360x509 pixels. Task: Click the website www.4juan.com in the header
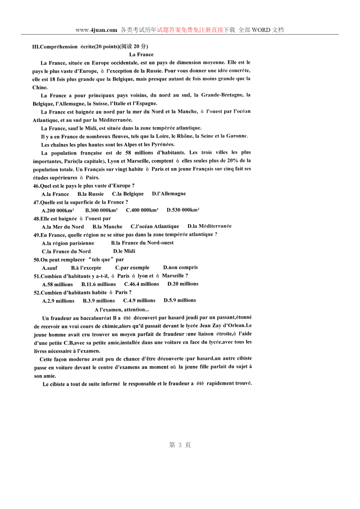pyautogui.click(x=96, y=30)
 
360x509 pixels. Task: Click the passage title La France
pyautogui.click(x=141, y=55)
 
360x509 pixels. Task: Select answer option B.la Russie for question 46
pyautogui.click(x=91, y=194)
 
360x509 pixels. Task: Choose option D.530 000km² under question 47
pyautogui.click(x=183, y=210)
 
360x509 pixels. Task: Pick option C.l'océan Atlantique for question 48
pyautogui.click(x=155, y=226)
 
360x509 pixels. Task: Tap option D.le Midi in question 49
pyautogui.click(x=124, y=251)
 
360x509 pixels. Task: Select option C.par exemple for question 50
pyautogui.click(x=132, y=268)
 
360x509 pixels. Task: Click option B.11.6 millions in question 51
pyautogui.click(x=98, y=284)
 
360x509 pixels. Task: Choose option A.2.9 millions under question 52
pyautogui.click(x=58, y=301)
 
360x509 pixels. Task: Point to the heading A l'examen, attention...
pyautogui.click(x=122, y=310)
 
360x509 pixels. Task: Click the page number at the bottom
pyautogui.click(x=180, y=445)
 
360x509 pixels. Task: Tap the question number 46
pyautogui.click(x=36, y=186)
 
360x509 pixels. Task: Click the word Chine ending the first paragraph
pyautogui.click(x=40, y=87)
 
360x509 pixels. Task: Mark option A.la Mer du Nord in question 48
pyautogui.click(x=63, y=227)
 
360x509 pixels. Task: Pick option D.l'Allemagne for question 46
pyautogui.click(x=169, y=194)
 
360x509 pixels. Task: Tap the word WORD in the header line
pyautogui.click(x=261, y=30)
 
